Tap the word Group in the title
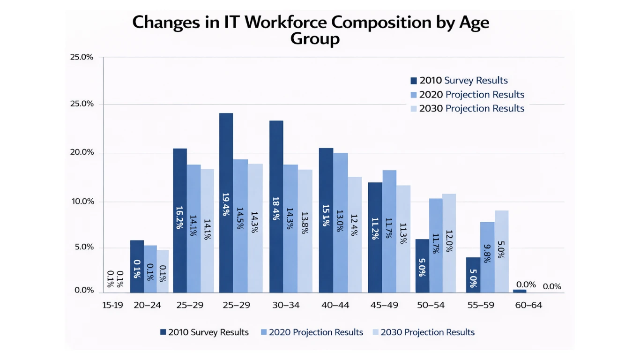(x=315, y=39)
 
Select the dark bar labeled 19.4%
(x=226, y=202)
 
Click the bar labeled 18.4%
(x=276, y=206)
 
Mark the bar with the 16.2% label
(x=180, y=220)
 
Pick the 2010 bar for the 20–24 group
(x=137, y=266)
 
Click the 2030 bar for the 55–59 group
(x=501, y=251)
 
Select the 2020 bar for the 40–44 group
(x=340, y=223)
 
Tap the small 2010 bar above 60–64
(x=520, y=291)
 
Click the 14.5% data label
(x=240, y=218)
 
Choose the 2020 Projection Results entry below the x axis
(x=316, y=332)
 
